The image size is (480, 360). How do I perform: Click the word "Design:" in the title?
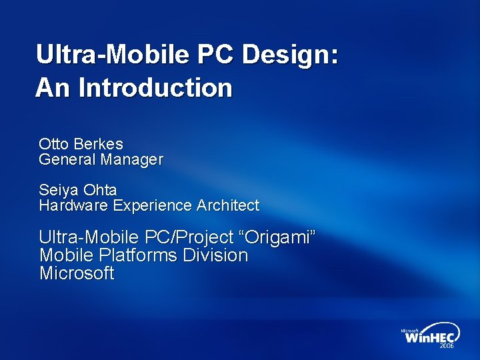click(x=290, y=55)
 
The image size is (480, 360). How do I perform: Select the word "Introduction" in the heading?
click(x=155, y=87)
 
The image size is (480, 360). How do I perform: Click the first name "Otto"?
click(x=53, y=144)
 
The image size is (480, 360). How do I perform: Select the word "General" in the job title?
click(x=67, y=160)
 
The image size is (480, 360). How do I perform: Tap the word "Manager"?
click(x=131, y=160)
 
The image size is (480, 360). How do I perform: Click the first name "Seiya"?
click(x=57, y=190)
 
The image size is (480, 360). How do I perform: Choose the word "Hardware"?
click(x=73, y=206)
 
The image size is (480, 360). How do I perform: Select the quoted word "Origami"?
click(x=279, y=237)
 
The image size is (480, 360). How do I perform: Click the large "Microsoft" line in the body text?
click(x=77, y=273)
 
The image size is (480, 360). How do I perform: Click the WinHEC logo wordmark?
click(x=430, y=337)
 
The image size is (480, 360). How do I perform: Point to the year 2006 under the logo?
click(x=446, y=347)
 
